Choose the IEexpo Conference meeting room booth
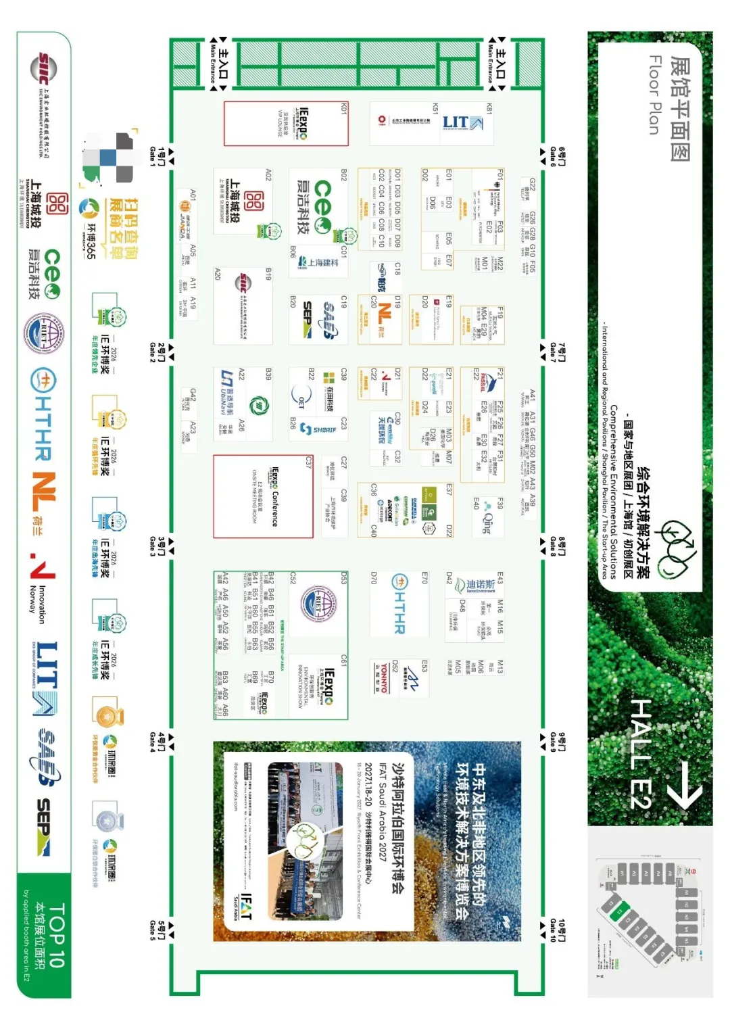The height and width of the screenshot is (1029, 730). [264, 496]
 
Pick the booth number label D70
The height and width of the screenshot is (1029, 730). [374, 577]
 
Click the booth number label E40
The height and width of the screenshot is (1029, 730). [477, 504]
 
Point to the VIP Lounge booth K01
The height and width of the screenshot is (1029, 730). [286, 123]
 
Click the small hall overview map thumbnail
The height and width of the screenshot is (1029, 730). [649, 909]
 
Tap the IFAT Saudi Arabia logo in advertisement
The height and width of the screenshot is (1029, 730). [245, 906]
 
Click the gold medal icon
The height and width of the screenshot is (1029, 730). [105, 716]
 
